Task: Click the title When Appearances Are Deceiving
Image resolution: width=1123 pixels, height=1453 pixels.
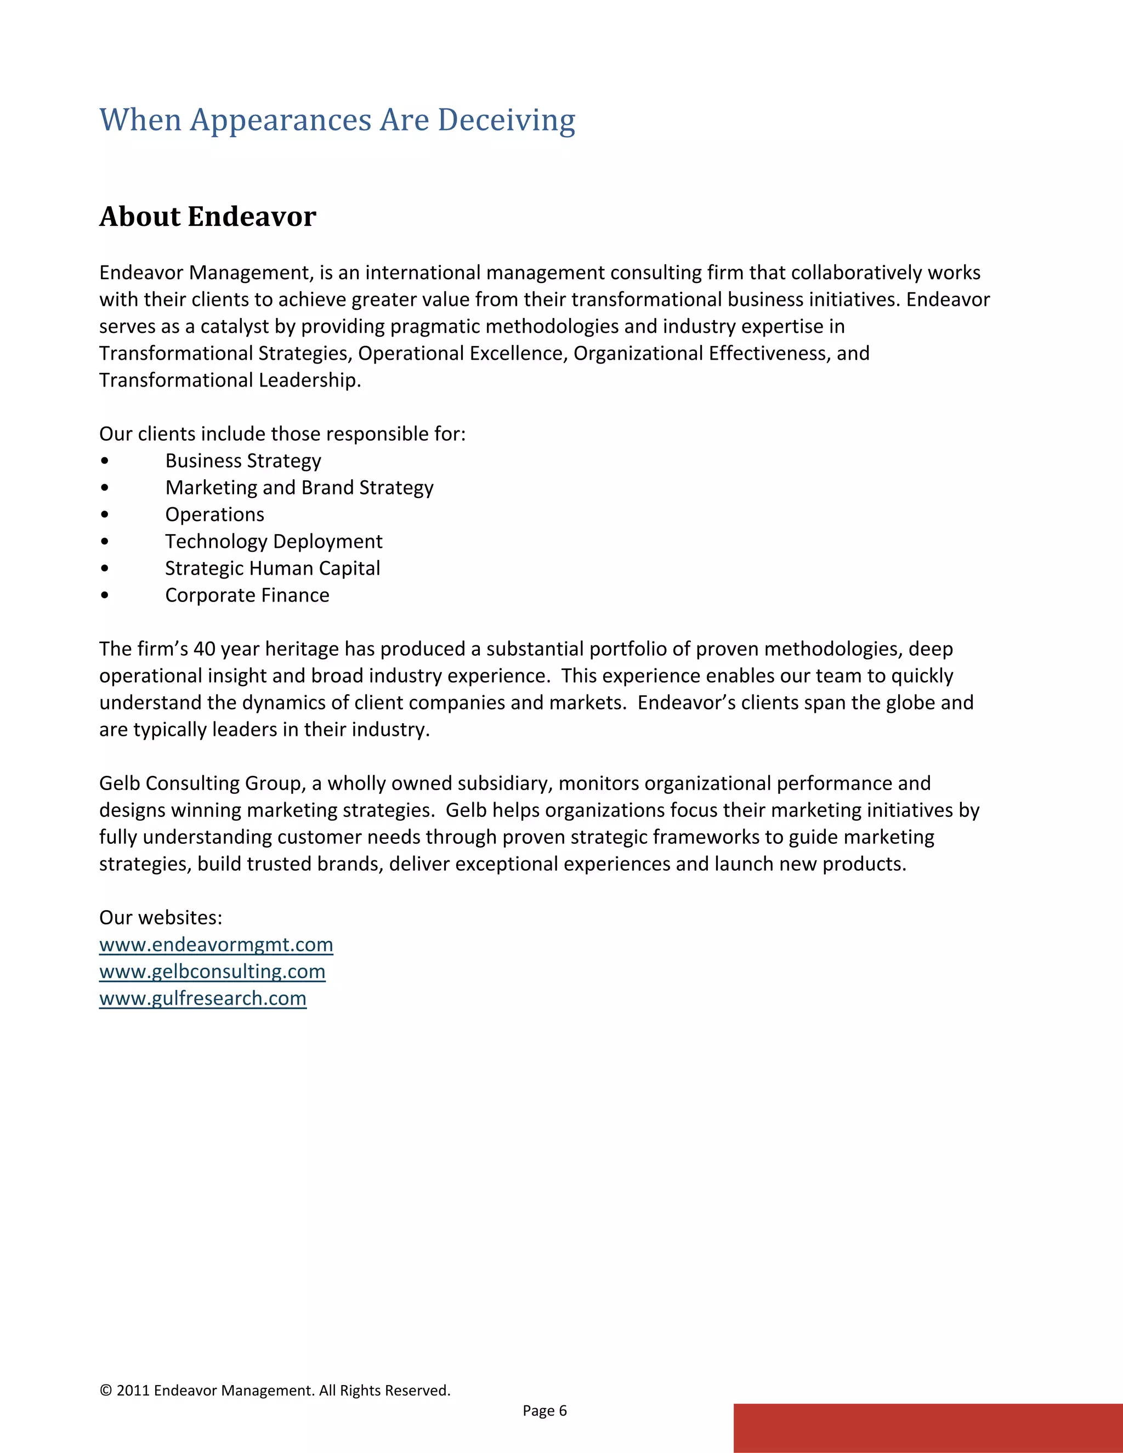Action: point(337,121)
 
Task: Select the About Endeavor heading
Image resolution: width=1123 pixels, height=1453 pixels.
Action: point(208,217)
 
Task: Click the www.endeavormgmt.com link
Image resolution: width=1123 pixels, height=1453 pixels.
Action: point(215,945)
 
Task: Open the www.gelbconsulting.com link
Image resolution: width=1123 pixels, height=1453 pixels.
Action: point(212,972)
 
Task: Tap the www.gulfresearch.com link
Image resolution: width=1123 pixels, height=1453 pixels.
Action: point(202,998)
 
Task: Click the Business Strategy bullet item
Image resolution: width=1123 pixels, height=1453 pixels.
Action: point(243,461)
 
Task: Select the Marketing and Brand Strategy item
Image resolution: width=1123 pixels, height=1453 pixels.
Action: point(299,487)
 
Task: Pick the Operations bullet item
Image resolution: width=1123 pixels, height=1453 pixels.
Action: point(214,515)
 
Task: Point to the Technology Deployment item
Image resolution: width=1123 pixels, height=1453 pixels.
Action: point(274,542)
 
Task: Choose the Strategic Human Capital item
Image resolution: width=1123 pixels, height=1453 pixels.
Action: point(272,569)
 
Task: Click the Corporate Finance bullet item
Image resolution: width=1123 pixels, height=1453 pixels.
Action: point(247,595)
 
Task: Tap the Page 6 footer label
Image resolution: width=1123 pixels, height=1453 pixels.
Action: point(544,1410)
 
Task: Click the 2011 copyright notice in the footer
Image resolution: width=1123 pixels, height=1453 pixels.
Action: point(274,1390)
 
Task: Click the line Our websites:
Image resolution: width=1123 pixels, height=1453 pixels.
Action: point(160,918)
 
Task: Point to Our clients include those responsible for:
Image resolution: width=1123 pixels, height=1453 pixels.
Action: point(282,434)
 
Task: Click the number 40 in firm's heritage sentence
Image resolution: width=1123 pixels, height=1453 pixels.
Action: point(203,649)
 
